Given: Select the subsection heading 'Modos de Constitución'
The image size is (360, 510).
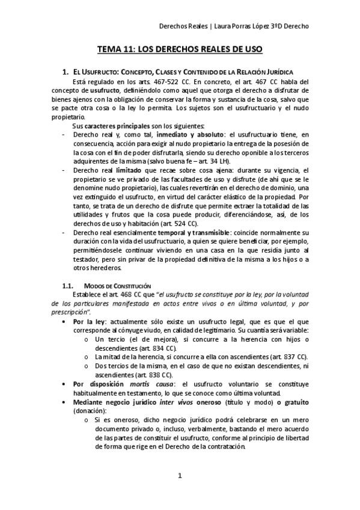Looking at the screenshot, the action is [x=117, y=284].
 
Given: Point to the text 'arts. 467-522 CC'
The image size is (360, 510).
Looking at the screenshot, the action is [x=157, y=81].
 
